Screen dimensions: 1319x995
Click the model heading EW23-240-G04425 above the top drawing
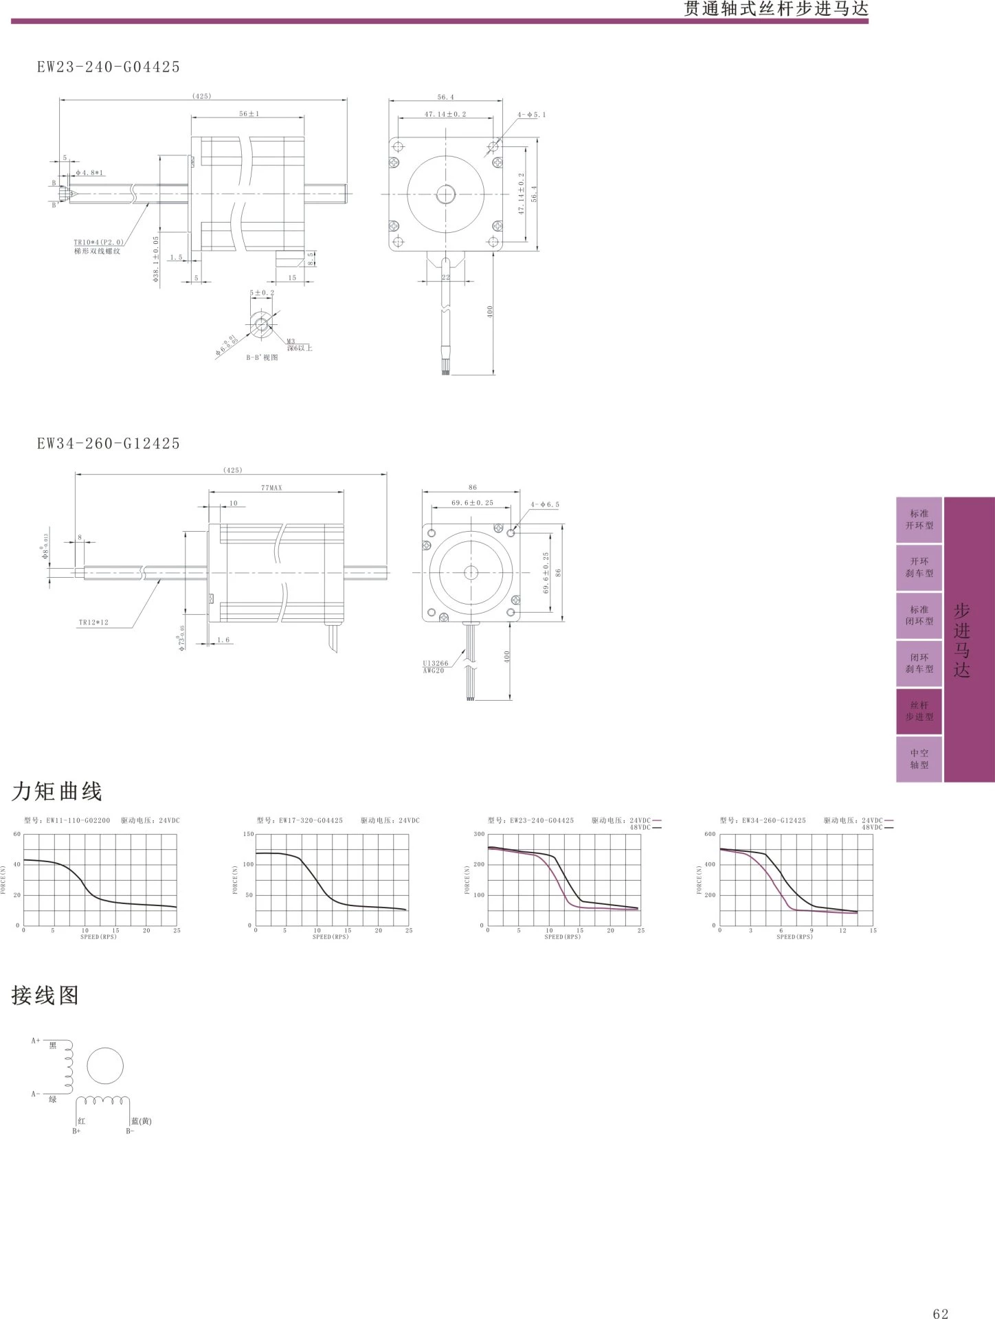coord(109,67)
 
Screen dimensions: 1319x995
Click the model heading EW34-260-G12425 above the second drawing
coord(109,443)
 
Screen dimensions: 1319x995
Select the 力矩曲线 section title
coord(57,791)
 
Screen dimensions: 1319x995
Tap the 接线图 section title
coord(45,995)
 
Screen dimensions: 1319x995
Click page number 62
coord(941,1294)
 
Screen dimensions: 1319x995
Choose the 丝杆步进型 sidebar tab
coord(919,711)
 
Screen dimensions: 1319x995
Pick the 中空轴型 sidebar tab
coord(919,759)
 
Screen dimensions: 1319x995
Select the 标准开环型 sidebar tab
coord(919,519)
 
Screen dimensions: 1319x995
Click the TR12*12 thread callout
coord(93,622)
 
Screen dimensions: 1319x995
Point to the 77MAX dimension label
coord(271,488)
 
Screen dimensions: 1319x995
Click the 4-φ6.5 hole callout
coord(545,504)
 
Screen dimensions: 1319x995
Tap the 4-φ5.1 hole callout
coord(532,115)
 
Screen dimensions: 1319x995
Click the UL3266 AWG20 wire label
coord(435,666)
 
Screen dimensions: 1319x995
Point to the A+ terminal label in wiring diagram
coord(36,1041)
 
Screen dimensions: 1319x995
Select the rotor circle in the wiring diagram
coord(105,1067)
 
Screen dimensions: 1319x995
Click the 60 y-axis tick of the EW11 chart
coord(17,834)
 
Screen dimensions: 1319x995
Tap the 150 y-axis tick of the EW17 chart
coord(248,834)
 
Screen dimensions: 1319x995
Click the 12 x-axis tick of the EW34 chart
coord(842,931)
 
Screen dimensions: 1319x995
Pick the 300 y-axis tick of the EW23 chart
coord(480,834)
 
